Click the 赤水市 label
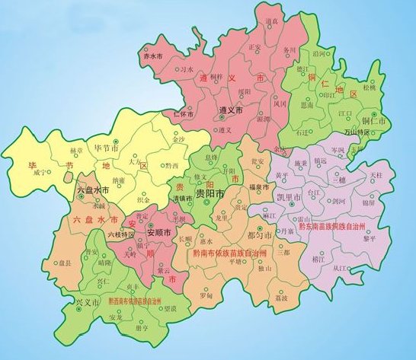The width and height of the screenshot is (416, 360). pyautogui.click(x=154, y=56)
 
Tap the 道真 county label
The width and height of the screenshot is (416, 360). pyautogui.click(x=272, y=24)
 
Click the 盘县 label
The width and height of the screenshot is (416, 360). pyautogui.click(x=53, y=264)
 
